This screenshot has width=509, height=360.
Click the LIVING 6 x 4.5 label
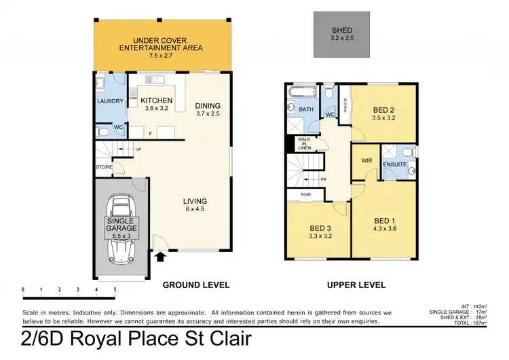(x=195, y=205)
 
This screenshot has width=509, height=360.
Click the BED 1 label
(x=384, y=226)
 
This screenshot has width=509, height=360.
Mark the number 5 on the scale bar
(x=115, y=289)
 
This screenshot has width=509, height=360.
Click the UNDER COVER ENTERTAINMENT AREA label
(x=160, y=44)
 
